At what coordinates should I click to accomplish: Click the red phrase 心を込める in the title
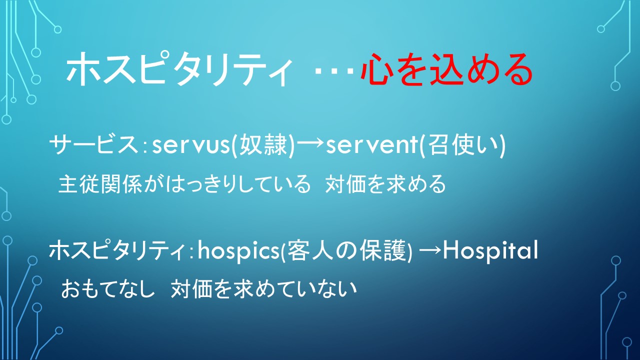(446, 69)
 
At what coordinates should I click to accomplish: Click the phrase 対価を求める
(385, 184)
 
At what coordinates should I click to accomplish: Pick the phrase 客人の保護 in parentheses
(346, 250)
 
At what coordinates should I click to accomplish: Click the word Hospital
(490, 250)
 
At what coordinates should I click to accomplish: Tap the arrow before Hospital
(429, 251)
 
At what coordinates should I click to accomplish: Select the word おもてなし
(107, 288)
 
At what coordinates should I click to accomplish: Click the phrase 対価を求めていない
(264, 288)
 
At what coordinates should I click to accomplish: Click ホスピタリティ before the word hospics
(117, 250)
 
